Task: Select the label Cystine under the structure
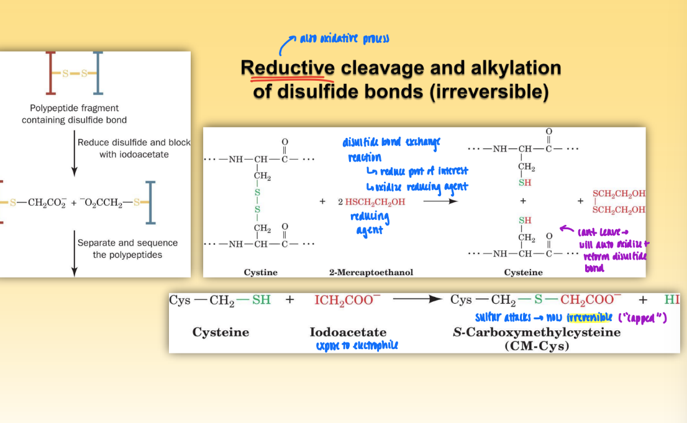(x=261, y=272)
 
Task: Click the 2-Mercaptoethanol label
(x=371, y=272)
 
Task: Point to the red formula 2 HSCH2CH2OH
(x=371, y=202)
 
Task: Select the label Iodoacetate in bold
(x=348, y=332)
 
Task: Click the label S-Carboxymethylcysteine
(x=537, y=332)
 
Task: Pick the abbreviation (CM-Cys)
(x=537, y=346)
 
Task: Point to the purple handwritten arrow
(x=566, y=229)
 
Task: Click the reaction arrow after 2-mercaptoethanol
(x=441, y=201)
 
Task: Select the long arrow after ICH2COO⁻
(x=418, y=300)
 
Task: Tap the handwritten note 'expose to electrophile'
(x=357, y=345)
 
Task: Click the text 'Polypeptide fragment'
(x=74, y=108)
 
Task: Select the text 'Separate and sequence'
(x=127, y=243)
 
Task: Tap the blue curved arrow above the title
(x=286, y=45)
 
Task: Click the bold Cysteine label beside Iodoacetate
(x=221, y=332)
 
